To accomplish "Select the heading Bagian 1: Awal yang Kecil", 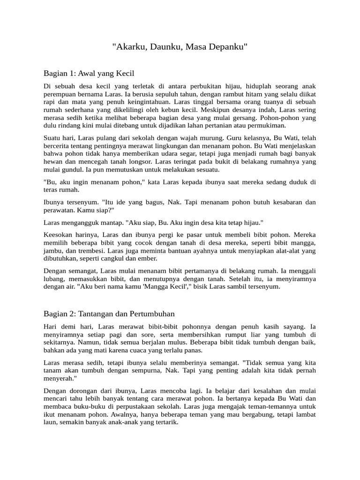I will (x=89, y=73).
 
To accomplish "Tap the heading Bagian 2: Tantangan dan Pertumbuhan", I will (x=109, y=313).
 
